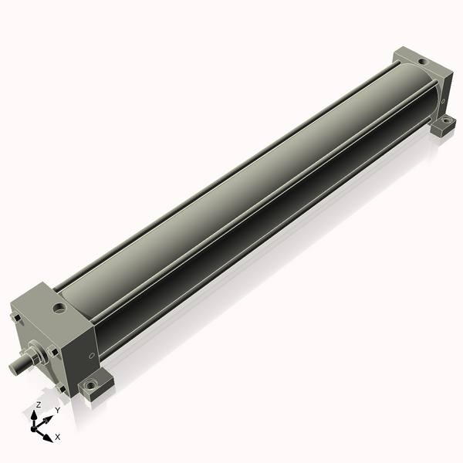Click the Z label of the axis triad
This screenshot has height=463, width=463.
tap(39, 404)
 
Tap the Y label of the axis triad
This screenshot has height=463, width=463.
tap(57, 411)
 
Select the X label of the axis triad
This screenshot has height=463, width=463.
tap(58, 437)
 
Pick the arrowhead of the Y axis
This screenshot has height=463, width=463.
tap(49, 417)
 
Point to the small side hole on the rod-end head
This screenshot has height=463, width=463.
tap(92, 356)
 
